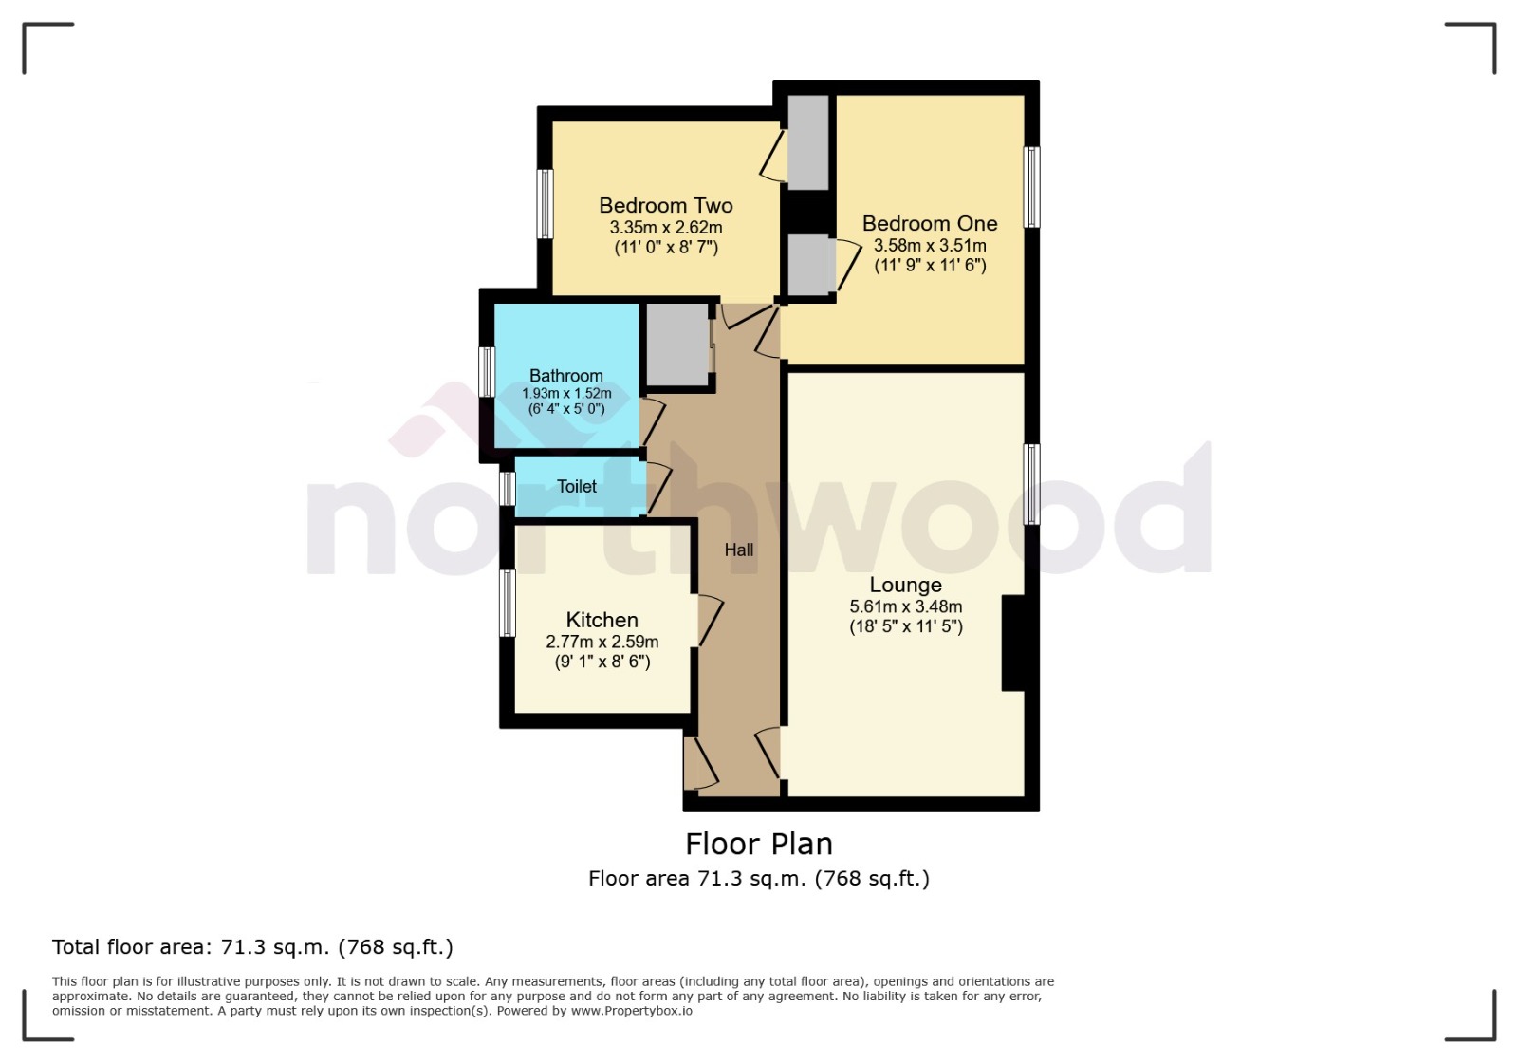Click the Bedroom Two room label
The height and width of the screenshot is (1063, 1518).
(x=665, y=206)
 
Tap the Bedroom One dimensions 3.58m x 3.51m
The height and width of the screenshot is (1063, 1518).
(x=930, y=246)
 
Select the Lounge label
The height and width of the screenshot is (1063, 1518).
(x=905, y=586)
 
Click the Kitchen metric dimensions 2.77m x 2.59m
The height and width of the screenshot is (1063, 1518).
(x=602, y=643)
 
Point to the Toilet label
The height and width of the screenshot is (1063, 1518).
(x=577, y=487)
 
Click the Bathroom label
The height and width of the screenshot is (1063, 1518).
(x=565, y=376)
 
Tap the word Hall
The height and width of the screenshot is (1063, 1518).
(x=739, y=550)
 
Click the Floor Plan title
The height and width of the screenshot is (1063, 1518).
(x=759, y=844)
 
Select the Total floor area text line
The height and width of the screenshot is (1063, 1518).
(x=252, y=947)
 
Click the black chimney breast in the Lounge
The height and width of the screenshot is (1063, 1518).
(x=1013, y=643)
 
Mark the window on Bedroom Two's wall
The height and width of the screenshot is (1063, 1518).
(x=546, y=204)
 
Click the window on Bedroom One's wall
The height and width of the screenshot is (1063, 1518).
(x=1031, y=187)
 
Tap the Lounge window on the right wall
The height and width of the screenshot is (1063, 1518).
(x=1031, y=484)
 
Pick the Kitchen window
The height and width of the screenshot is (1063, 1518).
(x=508, y=604)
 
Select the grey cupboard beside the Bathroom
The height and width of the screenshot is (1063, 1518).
(x=677, y=345)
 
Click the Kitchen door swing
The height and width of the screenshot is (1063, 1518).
(x=710, y=621)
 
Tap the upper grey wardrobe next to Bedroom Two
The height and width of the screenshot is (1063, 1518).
(x=808, y=142)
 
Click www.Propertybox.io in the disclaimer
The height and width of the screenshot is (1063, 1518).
(x=631, y=1011)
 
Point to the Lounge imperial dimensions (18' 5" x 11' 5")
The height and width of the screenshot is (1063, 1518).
(x=905, y=626)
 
